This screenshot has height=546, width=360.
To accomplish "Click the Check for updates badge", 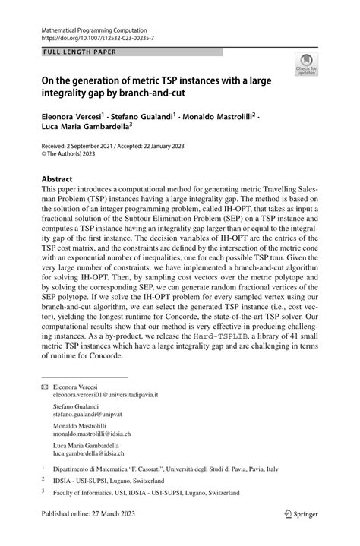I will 307,65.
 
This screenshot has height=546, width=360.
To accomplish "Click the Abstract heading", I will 57,179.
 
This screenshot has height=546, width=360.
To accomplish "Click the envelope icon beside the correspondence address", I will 43,387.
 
